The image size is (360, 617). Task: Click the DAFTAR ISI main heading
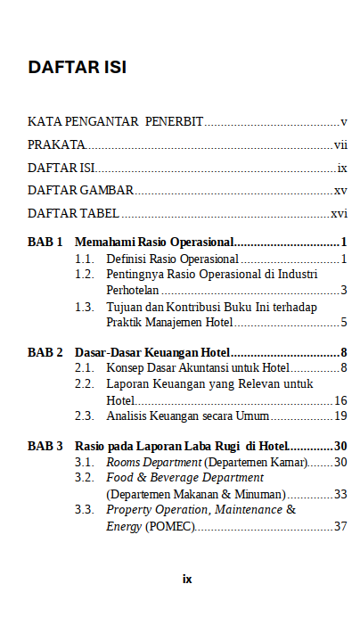pyautogui.click(x=77, y=68)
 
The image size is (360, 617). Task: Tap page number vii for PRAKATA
pyautogui.click(x=340, y=144)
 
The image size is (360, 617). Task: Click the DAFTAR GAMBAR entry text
pyautogui.click(x=81, y=190)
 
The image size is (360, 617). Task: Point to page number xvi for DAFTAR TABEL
pyautogui.click(x=339, y=214)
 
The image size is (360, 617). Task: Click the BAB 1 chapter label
pyautogui.click(x=45, y=242)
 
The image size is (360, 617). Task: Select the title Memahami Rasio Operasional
pyautogui.click(x=154, y=242)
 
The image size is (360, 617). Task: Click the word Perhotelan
pyautogui.click(x=133, y=290)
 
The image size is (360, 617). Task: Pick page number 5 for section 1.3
pyautogui.click(x=343, y=322)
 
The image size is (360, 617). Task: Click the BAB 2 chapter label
pyautogui.click(x=45, y=352)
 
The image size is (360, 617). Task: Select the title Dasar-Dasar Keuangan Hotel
pyautogui.click(x=152, y=352)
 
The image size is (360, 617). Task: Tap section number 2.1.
pyautogui.click(x=85, y=367)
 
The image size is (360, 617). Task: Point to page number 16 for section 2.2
pyautogui.click(x=340, y=400)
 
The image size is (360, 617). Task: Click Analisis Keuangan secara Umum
pyautogui.click(x=188, y=415)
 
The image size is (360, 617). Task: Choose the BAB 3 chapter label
pyautogui.click(x=45, y=445)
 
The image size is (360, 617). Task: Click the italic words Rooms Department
pyautogui.click(x=153, y=462)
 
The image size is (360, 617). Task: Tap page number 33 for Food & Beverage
pyautogui.click(x=340, y=494)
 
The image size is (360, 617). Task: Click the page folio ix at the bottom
pyautogui.click(x=187, y=579)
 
